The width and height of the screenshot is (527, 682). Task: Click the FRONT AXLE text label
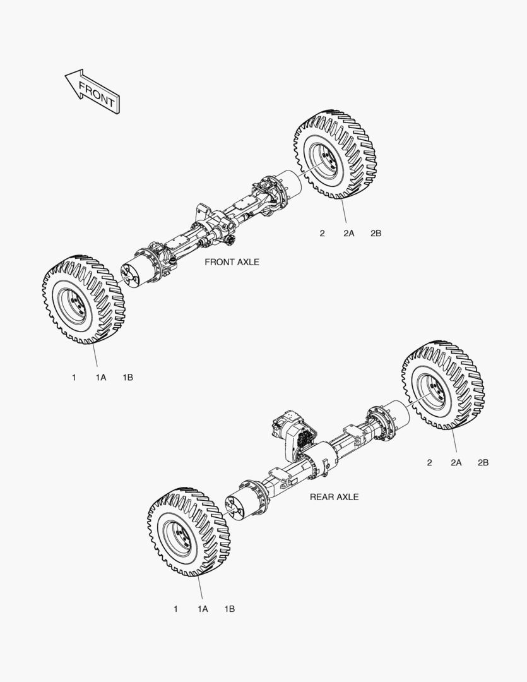point(232,262)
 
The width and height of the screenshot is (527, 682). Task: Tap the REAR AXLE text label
point(334,497)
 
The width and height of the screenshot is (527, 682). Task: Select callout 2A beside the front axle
point(349,233)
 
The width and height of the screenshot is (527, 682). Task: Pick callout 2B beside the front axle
point(376,233)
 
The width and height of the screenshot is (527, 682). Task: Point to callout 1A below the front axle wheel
point(101,378)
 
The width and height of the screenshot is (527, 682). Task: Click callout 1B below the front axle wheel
point(128,378)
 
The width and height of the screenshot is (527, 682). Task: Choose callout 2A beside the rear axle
point(456,462)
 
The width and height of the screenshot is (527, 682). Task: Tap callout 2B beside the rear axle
point(483,462)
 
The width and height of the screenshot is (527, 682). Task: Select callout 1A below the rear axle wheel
point(203,609)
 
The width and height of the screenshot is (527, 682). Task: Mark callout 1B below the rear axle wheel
point(230,609)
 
